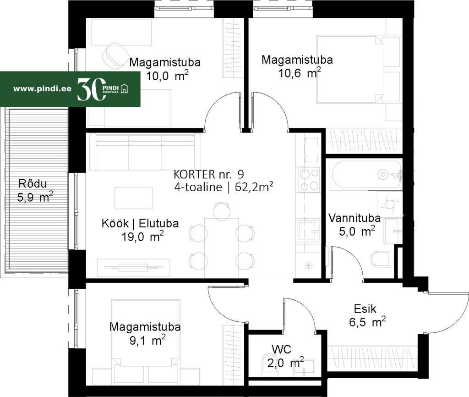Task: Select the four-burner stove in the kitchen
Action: point(309,180)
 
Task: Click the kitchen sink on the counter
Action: point(309,230)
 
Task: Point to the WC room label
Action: point(282,349)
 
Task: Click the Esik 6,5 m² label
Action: point(367,315)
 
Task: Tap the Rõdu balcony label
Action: point(33,183)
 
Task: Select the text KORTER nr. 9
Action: point(209,174)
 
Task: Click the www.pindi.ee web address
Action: point(42,88)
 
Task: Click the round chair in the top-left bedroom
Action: point(115,55)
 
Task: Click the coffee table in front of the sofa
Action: point(133,198)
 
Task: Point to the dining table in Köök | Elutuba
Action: point(222,248)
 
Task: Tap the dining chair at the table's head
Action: point(222,210)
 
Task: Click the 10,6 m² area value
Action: point(300,73)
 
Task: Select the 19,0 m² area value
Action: point(142,237)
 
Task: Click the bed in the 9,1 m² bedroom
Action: point(147,332)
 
